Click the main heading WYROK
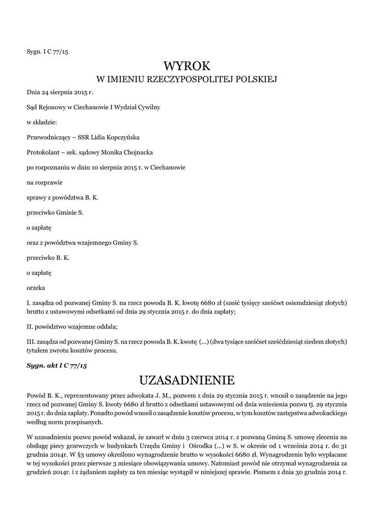[x=187, y=66]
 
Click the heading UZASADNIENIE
[x=187, y=381]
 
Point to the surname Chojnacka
[x=136, y=152]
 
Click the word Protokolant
[x=42, y=152]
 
